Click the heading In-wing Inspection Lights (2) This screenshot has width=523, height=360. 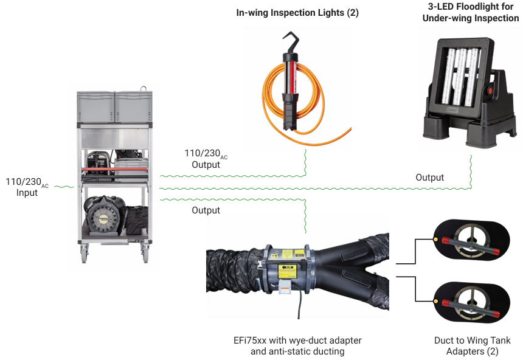[297, 12]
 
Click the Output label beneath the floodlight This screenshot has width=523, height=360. [429, 178]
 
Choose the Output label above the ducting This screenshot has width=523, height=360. [206, 210]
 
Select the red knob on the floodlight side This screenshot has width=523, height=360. [488, 92]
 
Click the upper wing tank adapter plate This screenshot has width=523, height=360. [469, 242]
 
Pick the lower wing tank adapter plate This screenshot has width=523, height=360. [469, 299]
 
